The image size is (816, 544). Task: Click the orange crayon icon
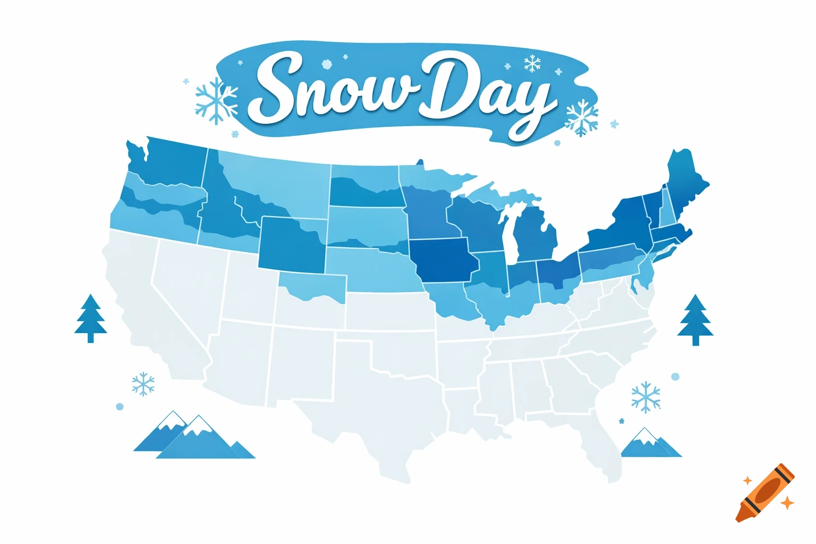765,492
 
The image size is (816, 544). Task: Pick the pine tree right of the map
695,320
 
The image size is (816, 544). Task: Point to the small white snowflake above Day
532,64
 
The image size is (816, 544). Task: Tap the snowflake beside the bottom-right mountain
645,396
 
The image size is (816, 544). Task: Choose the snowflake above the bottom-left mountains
143,384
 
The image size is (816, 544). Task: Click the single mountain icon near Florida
649,444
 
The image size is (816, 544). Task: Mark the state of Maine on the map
687,181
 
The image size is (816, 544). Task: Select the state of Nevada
186,287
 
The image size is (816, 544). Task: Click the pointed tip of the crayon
739,517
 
